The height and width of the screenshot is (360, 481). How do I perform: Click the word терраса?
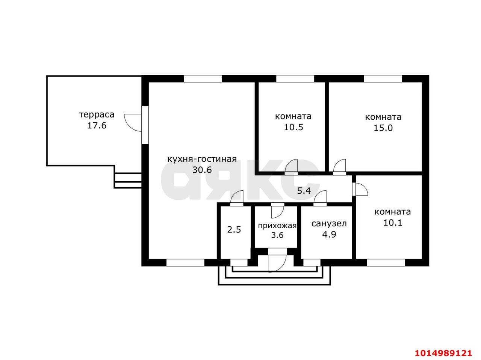[x=97, y=115]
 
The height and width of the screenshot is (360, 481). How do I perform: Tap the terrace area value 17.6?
[x=97, y=126]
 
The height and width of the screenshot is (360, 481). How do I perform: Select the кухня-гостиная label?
[x=202, y=159]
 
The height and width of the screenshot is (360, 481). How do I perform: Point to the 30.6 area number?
[x=202, y=170]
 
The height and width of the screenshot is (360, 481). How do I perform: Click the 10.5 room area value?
[x=293, y=127]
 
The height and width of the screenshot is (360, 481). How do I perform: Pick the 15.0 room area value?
[x=383, y=128]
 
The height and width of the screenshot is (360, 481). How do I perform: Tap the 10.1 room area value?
[x=392, y=223]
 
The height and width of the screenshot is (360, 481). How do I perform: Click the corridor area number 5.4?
[x=304, y=191]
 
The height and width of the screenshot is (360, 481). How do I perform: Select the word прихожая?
[x=277, y=226]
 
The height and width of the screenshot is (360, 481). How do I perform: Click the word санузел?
[x=329, y=224]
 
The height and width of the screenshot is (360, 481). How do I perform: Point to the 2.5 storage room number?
[x=234, y=230]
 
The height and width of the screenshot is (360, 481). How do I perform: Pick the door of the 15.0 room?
[x=339, y=167]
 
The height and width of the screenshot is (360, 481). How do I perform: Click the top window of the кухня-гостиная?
[x=203, y=79]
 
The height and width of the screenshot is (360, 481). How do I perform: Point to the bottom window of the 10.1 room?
[x=386, y=263]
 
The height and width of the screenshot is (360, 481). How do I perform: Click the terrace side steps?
[x=128, y=181]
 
